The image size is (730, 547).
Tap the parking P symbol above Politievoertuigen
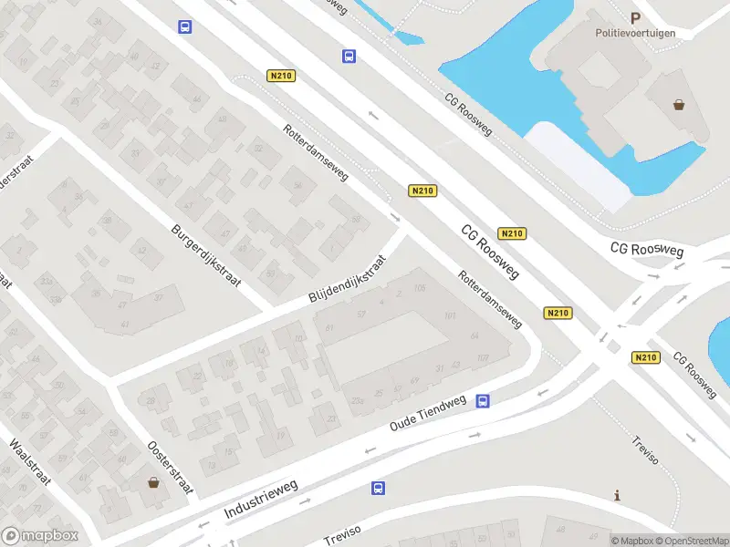click(x=636, y=16)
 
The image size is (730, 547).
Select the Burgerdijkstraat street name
click(x=206, y=256)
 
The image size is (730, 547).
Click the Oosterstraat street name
click(x=172, y=469)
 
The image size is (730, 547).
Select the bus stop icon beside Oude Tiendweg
click(x=484, y=400)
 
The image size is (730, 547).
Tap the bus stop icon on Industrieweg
click(x=378, y=489)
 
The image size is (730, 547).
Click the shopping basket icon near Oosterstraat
click(x=152, y=482)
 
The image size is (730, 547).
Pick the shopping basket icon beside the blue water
click(x=679, y=104)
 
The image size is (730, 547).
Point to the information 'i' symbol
click(x=618, y=496)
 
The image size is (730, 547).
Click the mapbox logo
click(x=39, y=535)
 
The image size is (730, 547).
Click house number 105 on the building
click(x=420, y=289)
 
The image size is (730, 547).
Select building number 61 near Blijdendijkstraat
click(x=329, y=327)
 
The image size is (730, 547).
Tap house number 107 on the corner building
click(x=483, y=357)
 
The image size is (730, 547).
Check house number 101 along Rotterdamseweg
click(x=449, y=316)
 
